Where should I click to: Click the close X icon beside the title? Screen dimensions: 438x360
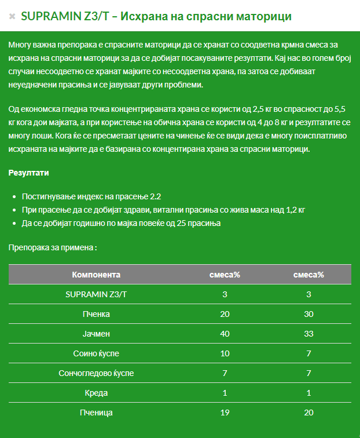click(12, 17)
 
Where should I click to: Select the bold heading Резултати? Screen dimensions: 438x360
click(29, 173)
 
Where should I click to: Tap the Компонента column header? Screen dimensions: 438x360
click(96, 275)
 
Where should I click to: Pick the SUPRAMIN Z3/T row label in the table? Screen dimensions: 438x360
click(96, 294)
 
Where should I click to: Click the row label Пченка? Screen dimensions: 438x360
click(96, 314)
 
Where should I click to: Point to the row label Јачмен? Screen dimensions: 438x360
click(96, 334)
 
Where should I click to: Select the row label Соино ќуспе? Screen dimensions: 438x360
click(96, 353)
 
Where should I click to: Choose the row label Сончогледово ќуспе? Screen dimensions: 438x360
click(96, 373)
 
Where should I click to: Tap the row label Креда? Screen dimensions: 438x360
click(96, 393)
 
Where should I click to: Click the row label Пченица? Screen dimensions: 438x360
click(96, 413)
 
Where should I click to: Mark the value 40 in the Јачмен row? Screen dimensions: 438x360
click(225, 334)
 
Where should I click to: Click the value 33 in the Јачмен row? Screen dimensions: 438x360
click(308, 334)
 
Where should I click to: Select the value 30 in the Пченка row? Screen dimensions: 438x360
click(308, 314)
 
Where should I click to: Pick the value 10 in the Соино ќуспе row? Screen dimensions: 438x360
click(225, 353)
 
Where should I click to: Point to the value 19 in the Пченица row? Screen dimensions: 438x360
click(225, 413)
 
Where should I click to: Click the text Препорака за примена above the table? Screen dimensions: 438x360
click(52, 247)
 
